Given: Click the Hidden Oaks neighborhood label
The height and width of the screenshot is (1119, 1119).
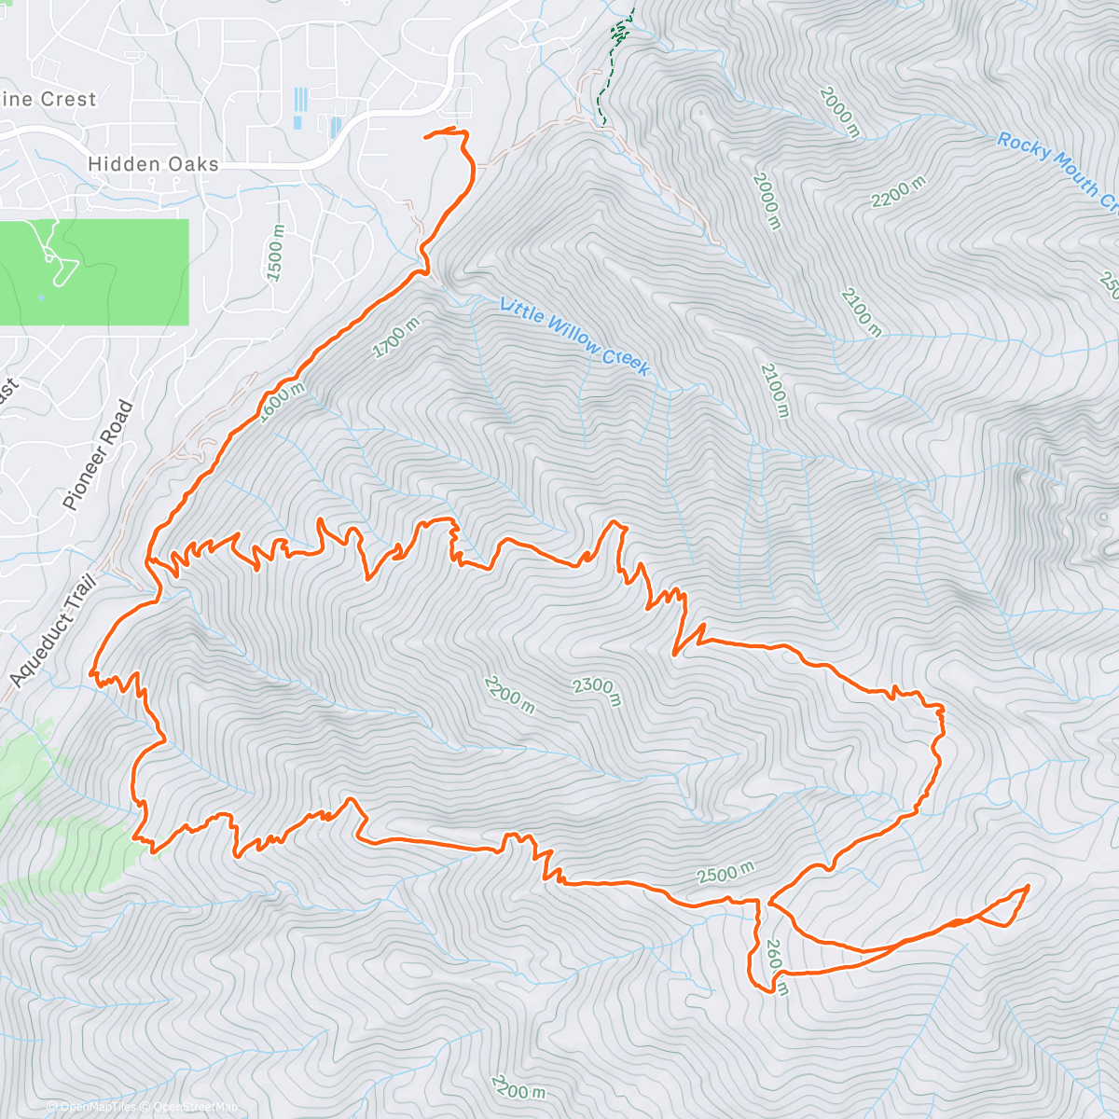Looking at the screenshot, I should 153,165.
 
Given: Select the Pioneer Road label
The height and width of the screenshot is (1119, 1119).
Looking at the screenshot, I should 99,455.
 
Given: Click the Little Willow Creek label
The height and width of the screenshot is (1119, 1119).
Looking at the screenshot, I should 574,337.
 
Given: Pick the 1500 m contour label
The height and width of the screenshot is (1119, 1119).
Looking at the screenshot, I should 274,254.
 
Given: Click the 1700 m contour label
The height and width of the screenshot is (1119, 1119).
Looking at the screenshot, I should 396,338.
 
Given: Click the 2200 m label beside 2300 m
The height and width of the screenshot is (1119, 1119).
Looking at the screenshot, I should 509,696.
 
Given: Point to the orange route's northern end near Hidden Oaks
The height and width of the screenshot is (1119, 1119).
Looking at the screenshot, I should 426,137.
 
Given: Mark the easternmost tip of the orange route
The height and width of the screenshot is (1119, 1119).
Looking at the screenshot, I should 1028,886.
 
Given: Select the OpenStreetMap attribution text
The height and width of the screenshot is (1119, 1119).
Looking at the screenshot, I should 191,1107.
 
